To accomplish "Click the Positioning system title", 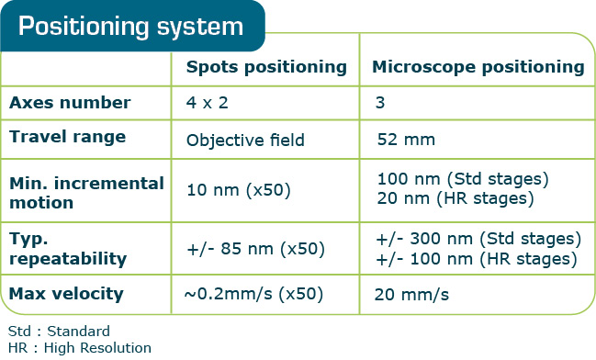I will pyautogui.click(x=130, y=26).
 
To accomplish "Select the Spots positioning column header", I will pyautogui.click(x=266, y=67).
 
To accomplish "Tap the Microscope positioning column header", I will pyautogui.click(x=478, y=67).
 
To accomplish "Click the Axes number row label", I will pyautogui.click(x=70, y=103).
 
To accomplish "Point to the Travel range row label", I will pyautogui.click(x=67, y=138).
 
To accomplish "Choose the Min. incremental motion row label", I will pyautogui.click(x=86, y=191).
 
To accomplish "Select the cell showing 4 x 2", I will pyautogui.click(x=208, y=103).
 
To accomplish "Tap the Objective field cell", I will pyautogui.click(x=245, y=141).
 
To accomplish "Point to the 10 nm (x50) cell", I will pyautogui.click(x=239, y=191).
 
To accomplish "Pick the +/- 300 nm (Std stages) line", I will pyautogui.click(x=478, y=240).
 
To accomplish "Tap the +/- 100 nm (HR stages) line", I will pyautogui.click(x=476, y=259).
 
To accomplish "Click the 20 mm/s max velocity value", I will pyautogui.click(x=411, y=295).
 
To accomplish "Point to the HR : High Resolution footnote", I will pyautogui.click(x=79, y=347).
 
